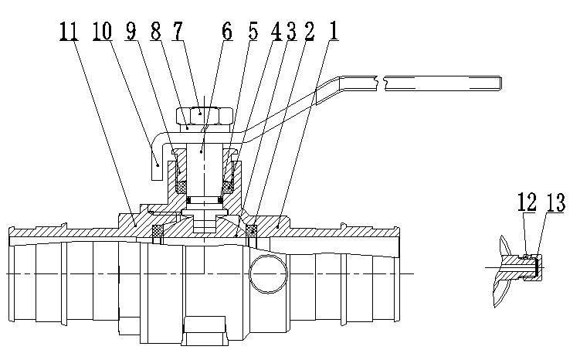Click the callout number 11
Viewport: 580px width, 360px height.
coord(67,32)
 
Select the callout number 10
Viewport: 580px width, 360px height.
coord(101,32)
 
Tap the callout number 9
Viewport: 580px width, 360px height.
coord(130,32)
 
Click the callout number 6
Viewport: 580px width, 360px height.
coord(226,32)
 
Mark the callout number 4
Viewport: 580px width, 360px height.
coord(276,32)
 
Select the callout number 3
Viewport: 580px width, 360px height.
coord(290,32)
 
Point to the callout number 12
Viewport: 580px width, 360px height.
coord(527,202)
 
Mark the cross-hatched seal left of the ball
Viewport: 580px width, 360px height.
coord(158,230)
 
